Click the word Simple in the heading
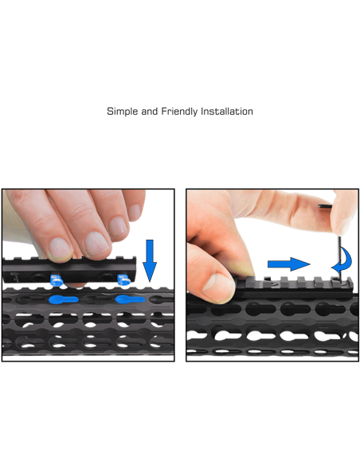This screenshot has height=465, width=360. point(122,112)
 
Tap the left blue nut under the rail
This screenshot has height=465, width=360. point(57,279)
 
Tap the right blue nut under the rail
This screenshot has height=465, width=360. point(123,279)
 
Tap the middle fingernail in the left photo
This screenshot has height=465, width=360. point(96,243)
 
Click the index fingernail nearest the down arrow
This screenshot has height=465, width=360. point(121,228)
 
